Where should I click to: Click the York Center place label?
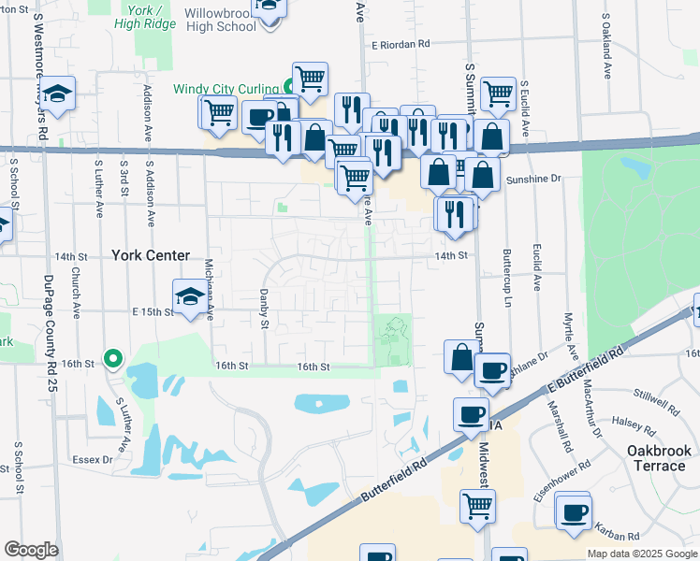coord(150,254)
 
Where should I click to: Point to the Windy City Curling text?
coord(226,89)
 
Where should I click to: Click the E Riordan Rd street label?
coord(400,44)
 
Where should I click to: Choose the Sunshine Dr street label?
coord(532,178)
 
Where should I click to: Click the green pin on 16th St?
coord(112,357)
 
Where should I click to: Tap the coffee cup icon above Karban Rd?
coord(573,511)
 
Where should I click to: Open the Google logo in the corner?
coord(31,550)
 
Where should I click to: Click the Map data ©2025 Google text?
coord(641,554)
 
